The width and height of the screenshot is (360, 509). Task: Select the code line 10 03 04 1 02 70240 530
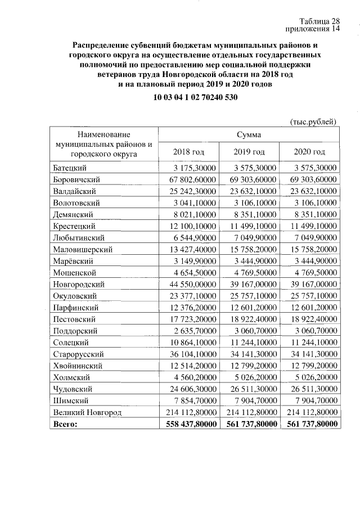click(195, 97)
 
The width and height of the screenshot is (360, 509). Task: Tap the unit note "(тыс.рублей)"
click(313, 121)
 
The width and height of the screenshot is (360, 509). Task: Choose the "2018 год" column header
click(188, 152)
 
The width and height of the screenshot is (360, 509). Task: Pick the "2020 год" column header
click(309, 152)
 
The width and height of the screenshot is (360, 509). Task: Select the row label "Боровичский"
click(76, 179)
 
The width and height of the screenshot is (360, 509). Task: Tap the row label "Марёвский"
click(73, 261)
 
